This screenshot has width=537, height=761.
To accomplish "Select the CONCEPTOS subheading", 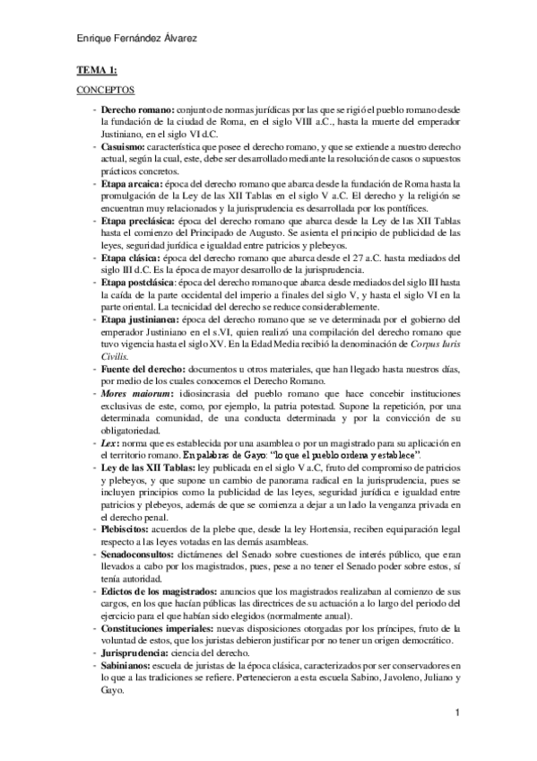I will pyautogui.click(x=105, y=90).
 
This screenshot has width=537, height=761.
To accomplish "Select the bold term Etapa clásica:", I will pyautogui.click(x=134, y=257).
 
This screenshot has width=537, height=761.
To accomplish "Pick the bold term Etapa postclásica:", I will pyautogui.click(x=143, y=283).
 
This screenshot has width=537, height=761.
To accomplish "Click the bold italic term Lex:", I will pyautogui.click(x=109, y=442).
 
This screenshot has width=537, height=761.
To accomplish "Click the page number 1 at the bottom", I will pyautogui.click(x=457, y=713).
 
